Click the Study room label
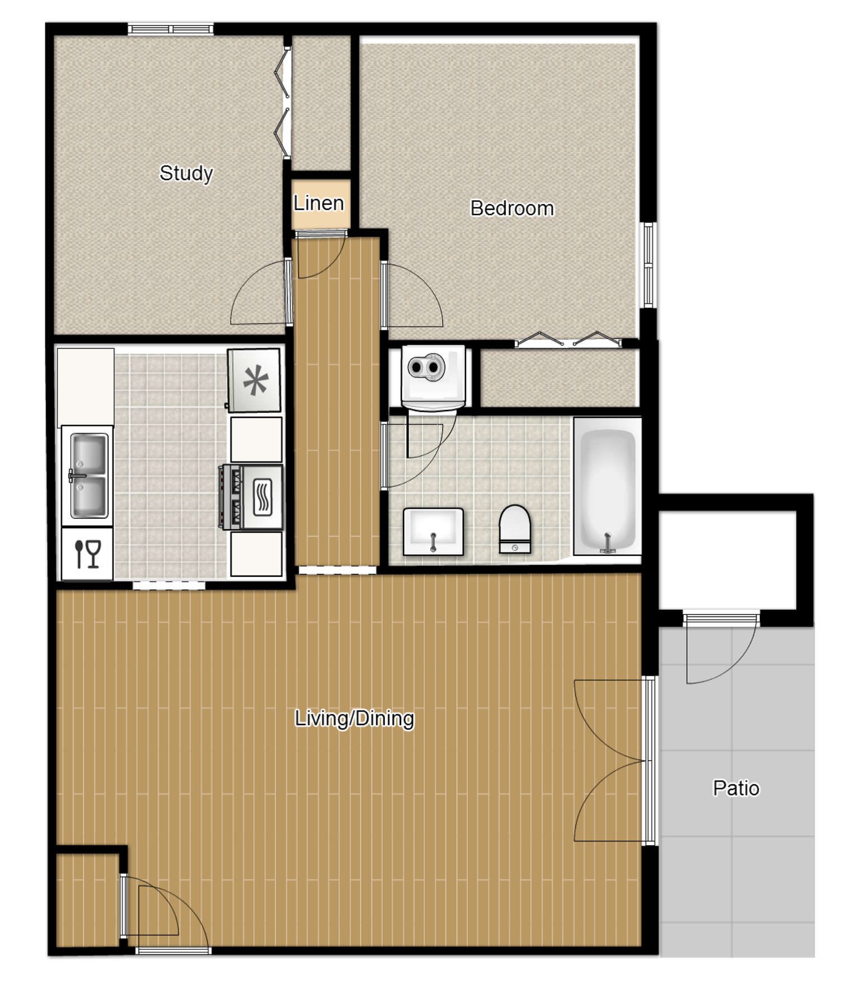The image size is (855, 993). pos(186,173)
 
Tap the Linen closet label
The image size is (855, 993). pos(318,203)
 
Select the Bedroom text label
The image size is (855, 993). pos(511,208)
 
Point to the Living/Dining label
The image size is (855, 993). pos(354,718)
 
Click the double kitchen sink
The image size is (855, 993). pos(88,476)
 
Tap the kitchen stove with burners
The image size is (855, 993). pos(252,497)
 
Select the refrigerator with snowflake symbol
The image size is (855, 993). pos(255,380)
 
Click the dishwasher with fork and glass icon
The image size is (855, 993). pos(87,553)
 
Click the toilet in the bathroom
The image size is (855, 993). pos(514,529)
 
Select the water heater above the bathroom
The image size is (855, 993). pos(433,375)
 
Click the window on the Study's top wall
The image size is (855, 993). pos(170,29)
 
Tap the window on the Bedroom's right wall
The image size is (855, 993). pos(648,265)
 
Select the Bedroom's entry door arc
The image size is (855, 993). pos(414,295)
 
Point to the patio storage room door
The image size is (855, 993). pos(721,649)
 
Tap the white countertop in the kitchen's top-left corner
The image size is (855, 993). pos(85,386)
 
